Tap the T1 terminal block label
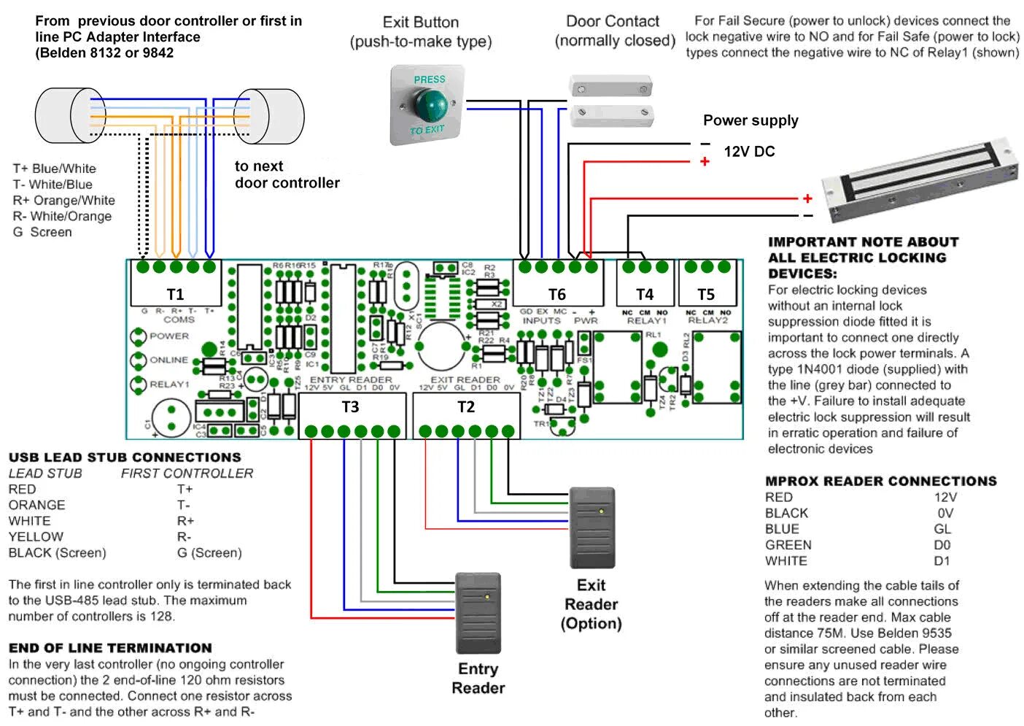[x=175, y=294]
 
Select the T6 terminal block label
[x=556, y=294]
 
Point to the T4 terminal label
[x=645, y=294]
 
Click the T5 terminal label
[x=706, y=294]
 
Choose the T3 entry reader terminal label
[x=351, y=406]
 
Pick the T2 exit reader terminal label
[x=466, y=406]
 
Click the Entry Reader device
[x=478, y=613]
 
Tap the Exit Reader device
[x=592, y=528]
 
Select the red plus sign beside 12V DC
[x=705, y=161]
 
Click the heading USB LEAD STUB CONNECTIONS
[x=125, y=457]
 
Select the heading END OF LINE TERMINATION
[x=110, y=648]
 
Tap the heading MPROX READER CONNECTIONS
[x=880, y=481]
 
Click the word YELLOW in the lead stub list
[x=36, y=536]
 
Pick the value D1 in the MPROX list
[x=942, y=561]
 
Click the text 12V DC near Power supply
[x=749, y=152]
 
